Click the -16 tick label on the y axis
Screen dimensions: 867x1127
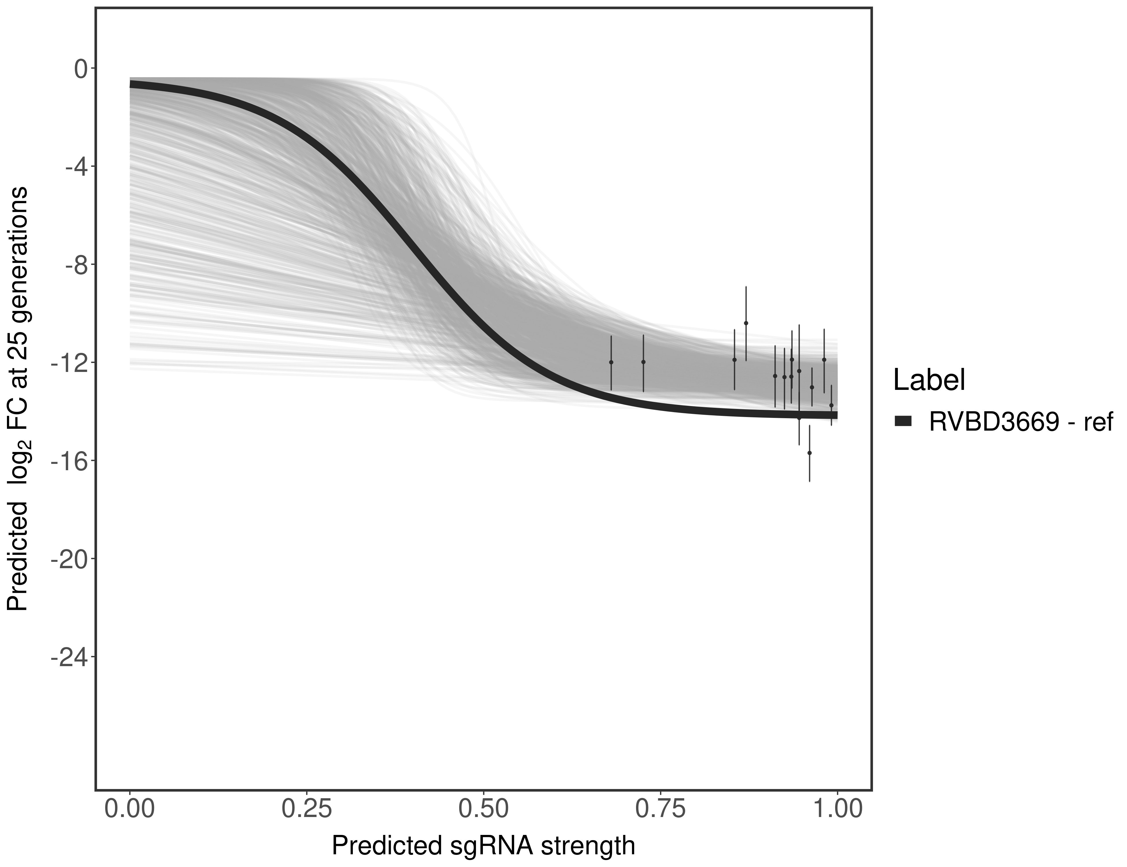click(x=67, y=461)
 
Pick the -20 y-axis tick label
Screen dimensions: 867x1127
click(x=67, y=559)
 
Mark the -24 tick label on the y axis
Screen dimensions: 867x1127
click(x=67, y=657)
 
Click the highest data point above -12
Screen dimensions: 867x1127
click(x=746, y=323)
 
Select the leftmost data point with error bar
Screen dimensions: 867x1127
click(x=611, y=362)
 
